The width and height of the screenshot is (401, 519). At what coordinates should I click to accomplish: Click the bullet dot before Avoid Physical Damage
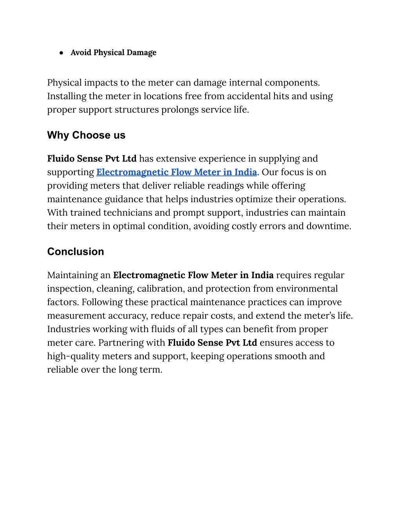tap(61, 53)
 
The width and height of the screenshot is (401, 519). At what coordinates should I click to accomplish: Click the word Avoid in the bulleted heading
tap(81, 52)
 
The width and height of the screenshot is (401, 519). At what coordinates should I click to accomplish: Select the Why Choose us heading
tap(86, 135)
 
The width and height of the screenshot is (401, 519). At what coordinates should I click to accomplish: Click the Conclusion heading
tap(76, 251)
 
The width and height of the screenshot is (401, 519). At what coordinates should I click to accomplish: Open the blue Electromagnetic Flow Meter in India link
tap(177, 172)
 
